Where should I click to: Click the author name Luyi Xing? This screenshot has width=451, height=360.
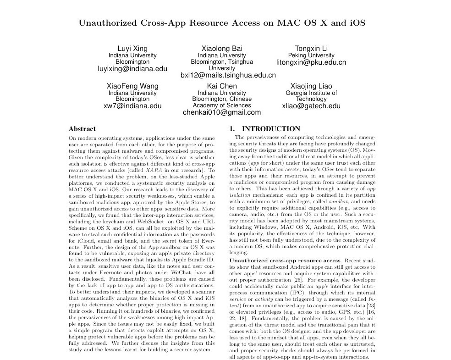(x=132, y=48)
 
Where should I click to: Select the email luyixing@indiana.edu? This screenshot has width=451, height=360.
(x=132, y=69)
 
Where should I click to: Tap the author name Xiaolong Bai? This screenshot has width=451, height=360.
(x=222, y=48)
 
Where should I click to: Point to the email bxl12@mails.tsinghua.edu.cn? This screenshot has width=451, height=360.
(x=228, y=75)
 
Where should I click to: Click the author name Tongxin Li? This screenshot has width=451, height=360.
(x=311, y=48)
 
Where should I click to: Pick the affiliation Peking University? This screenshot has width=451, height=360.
(x=311, y=55)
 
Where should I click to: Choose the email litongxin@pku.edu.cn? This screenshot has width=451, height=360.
(x=311, y=62)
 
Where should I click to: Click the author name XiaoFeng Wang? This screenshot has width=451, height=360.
(x=132, y=86)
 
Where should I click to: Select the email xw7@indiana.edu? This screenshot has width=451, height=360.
(x=132, y=106)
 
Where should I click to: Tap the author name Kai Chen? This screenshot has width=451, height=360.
(x=222, y=86)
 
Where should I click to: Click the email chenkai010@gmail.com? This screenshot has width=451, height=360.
(x=222, y=112)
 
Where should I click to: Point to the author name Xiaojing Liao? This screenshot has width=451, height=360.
(x=311, y=86)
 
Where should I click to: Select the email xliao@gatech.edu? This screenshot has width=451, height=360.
(x=311, y=106)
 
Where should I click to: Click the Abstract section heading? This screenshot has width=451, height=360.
(x=82, y=129)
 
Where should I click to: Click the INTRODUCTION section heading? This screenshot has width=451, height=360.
(x=271, y=129)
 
